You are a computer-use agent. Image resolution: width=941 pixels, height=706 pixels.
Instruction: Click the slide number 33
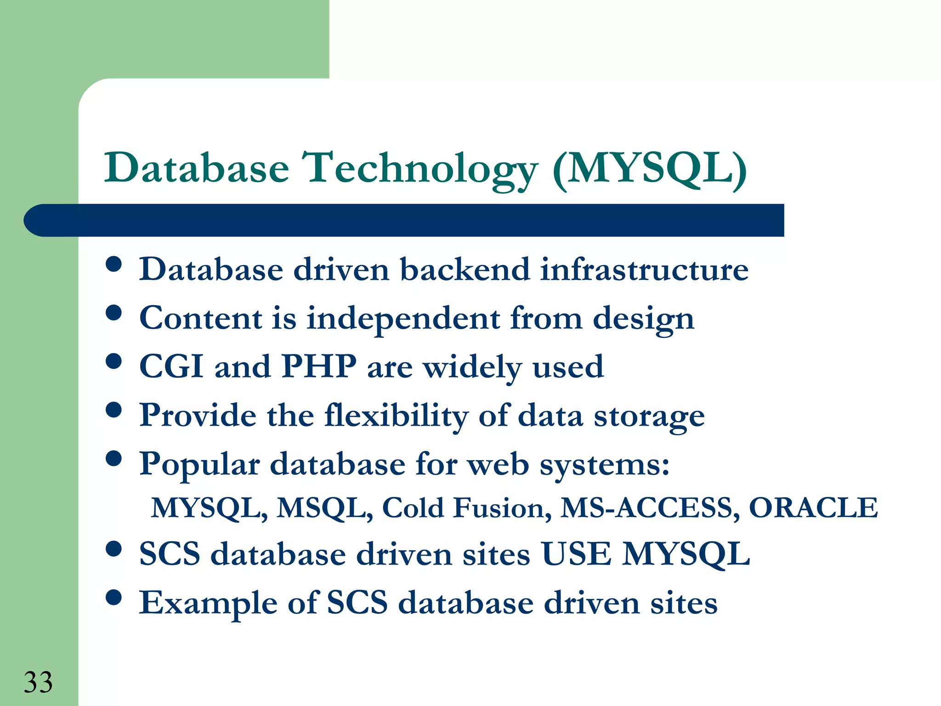pos(38,682)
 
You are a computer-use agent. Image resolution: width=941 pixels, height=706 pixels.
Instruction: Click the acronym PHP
pos(319,366)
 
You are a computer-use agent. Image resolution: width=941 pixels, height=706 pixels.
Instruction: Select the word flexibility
pos(396,415)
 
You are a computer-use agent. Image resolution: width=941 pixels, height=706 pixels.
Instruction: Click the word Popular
pos(199,464)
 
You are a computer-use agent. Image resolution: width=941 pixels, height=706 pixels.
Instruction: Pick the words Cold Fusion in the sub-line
pos(467,508)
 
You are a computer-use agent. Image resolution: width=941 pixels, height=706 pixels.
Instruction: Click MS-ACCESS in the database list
pos(650,508)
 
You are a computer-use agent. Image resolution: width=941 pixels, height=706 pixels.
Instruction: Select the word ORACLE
pos(813,508)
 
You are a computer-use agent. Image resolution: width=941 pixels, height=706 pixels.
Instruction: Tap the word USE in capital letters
pos(576,554)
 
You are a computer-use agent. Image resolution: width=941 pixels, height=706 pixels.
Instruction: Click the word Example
pos(208,603)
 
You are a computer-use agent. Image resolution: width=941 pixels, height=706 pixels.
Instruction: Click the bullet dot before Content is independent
pos(113,313)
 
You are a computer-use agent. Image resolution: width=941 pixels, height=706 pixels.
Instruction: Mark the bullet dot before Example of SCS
pos(113,598)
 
